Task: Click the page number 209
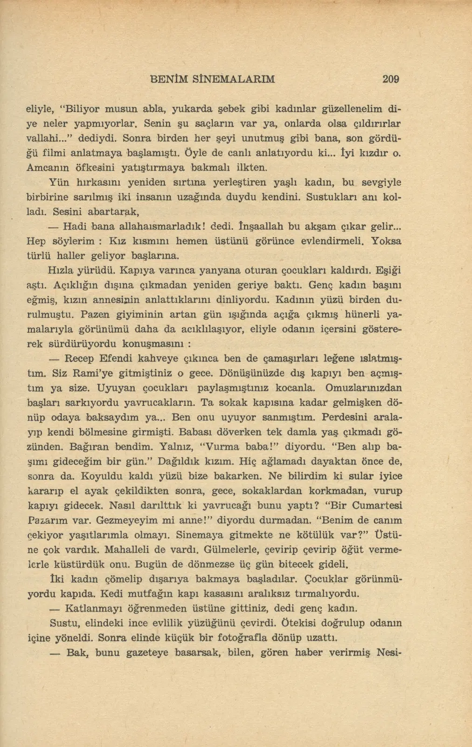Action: [390, 79]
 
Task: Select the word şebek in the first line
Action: [223, 109]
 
